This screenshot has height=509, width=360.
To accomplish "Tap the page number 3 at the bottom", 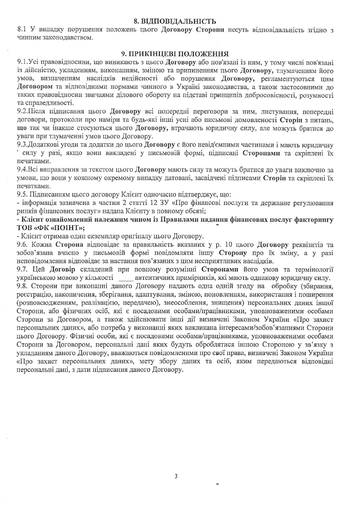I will point(176,476).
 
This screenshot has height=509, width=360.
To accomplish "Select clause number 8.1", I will point(22,30).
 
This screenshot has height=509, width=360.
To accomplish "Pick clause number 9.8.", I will point(22,286).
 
